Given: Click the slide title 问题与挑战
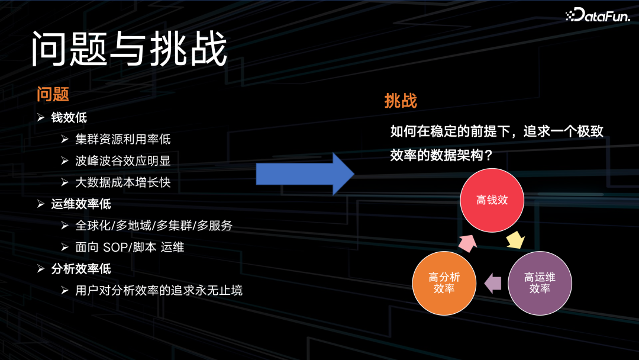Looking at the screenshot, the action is (129, 49).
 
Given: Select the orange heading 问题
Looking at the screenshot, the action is (53, 94).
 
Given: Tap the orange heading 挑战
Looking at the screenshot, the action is (401, 101).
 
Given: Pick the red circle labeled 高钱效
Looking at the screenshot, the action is (492, 200).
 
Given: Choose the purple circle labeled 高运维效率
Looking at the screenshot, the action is (540, 283).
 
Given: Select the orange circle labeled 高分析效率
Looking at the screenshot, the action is (444, 283).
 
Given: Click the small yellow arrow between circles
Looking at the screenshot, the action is (516, 240).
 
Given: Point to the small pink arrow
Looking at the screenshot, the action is (467, 242).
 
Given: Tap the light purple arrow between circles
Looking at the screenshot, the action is (492, 284).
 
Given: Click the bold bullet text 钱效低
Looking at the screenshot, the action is (69, 117).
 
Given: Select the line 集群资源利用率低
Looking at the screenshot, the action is (123, 139).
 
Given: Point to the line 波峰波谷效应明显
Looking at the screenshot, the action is (123, 161).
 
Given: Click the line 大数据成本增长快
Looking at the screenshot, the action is (123, 182).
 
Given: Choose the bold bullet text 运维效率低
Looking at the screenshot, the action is (81, 204).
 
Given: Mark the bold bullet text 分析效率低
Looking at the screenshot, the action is (81, 269).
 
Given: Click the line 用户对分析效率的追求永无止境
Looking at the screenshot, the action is (159, 291).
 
